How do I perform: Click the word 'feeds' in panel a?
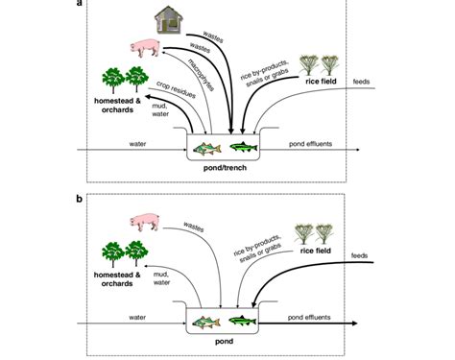[x=364, y=82]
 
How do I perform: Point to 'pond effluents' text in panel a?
[x=312, y=144]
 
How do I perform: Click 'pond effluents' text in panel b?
[x=311, y=316]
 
